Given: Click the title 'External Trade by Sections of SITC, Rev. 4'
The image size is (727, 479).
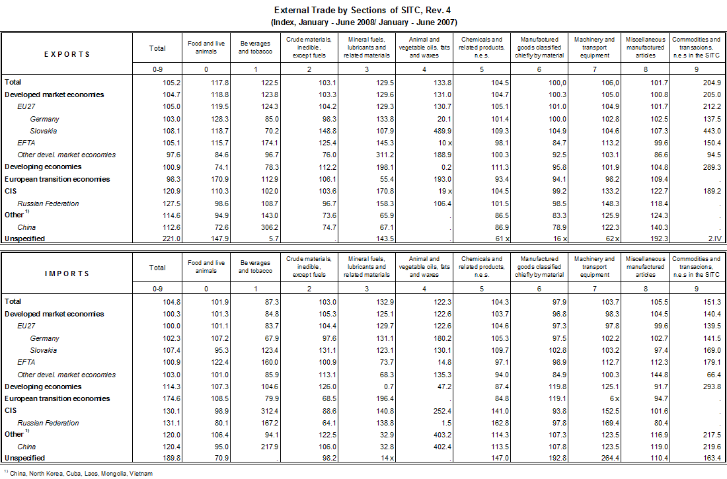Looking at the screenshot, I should tap(363, 11).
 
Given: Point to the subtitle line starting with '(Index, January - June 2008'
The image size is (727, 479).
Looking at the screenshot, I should tap(363, 22).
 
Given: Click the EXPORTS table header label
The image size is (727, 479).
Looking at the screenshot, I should tap(67, 54).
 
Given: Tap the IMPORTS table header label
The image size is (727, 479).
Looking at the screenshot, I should tap(67, 274).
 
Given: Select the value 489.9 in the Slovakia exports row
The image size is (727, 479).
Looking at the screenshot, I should tap(441, 131).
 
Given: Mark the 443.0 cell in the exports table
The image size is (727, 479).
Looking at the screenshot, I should tap(710, 131).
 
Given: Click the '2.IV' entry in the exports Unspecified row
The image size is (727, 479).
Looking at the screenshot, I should tap(712, 239).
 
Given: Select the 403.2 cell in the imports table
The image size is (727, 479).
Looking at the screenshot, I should tap(441, 434).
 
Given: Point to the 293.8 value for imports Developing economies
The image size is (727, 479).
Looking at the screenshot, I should tap(710, 387).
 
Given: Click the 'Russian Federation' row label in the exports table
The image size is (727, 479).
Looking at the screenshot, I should tap(48, 203).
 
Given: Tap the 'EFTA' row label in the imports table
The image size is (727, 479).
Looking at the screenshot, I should tap(26, 362).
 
